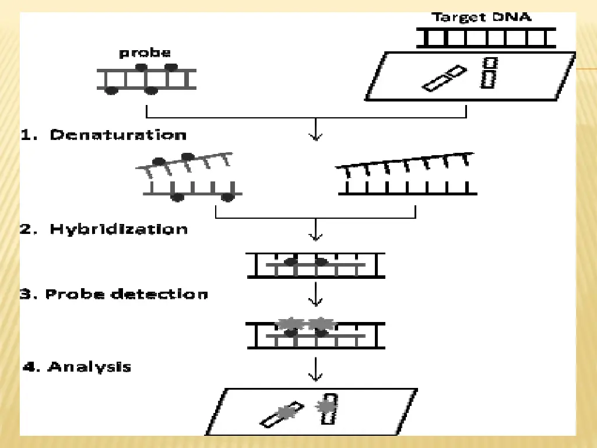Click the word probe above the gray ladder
[145, 53]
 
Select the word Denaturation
[118, 135]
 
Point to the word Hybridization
[118, 229]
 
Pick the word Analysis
[89, 367]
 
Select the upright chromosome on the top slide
[489, 73]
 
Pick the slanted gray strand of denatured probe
[185, 163]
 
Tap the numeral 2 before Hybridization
[26, 229]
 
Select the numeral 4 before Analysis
[29, 367]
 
